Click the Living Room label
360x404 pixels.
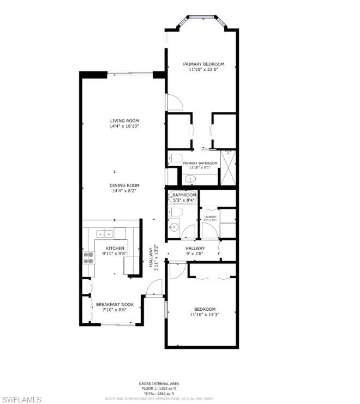point(124,121)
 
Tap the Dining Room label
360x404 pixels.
point(124,185)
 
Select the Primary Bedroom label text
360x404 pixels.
point(203,64)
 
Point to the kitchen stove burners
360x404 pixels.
point(88,257)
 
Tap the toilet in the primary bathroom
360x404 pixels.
point(175,159)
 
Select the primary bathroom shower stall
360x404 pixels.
point(228,167)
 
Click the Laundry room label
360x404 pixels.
point(210,217)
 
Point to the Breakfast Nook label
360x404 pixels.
point(115,304)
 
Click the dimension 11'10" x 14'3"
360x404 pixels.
point(203,315)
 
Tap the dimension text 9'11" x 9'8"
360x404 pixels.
point(115,254)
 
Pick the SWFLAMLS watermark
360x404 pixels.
point(22,400)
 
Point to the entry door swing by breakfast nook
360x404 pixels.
point(155,287)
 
